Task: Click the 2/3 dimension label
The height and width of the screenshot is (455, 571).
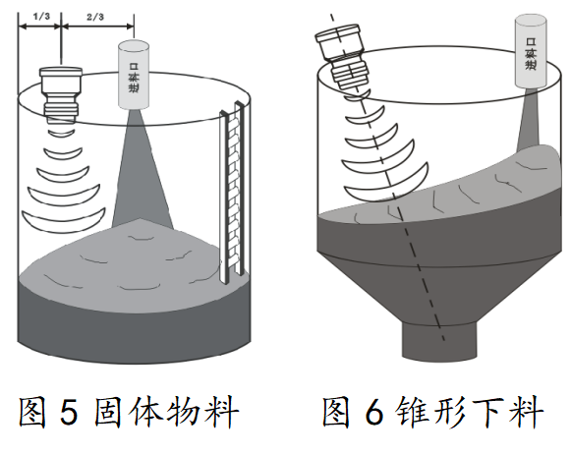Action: pyautogui.click(x=95, y=17)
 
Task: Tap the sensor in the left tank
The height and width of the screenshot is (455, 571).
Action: pyautogui.click(x=66, y=94)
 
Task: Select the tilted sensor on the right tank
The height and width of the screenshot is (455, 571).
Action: pyautogui.click(x=346, y=56)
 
